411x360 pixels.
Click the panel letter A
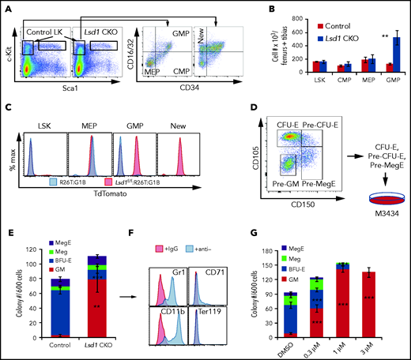pyautogui.click(x=7, y=7)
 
